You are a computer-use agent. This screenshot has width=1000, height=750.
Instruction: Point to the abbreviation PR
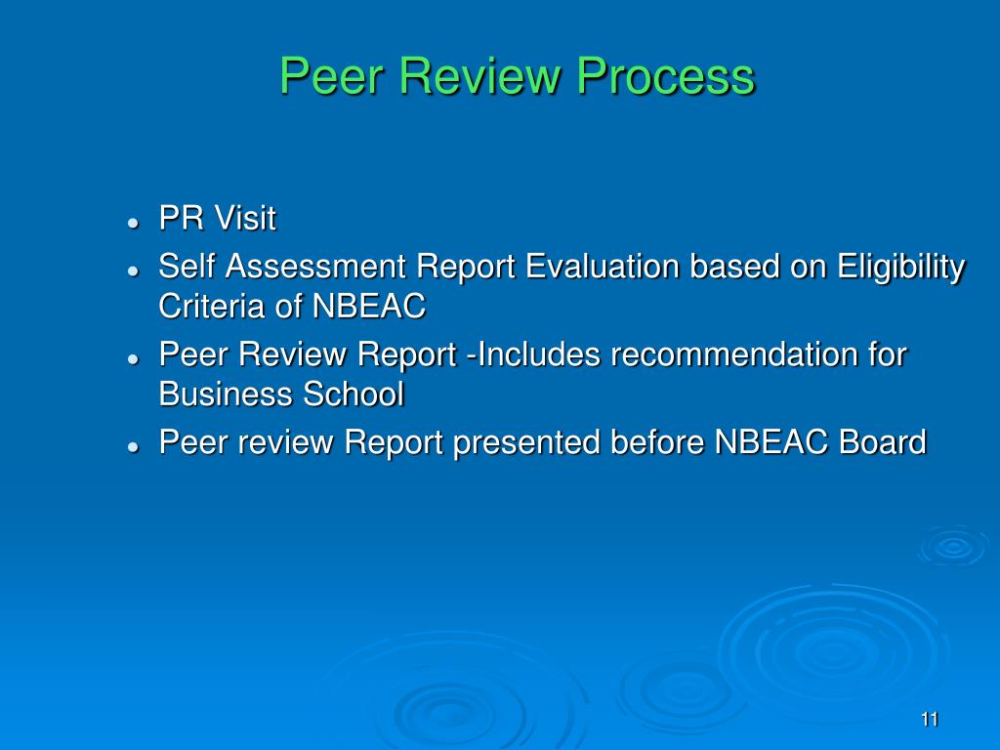pyautogui.click(x=182, y=219)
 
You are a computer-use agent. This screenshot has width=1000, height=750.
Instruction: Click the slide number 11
pyautogui.click(x=929, y=720)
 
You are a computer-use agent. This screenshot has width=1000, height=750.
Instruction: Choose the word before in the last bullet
pyautogui.click(x=657, y=442)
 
